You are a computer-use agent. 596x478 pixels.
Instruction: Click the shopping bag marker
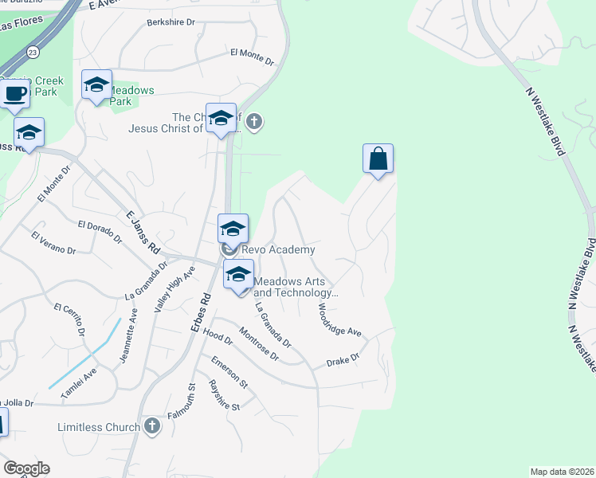point(378,159)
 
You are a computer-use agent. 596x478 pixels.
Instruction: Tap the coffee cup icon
point(15,94)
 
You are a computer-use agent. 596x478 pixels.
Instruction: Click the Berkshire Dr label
point(171,23)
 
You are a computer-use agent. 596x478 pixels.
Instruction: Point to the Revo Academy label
point(278,249)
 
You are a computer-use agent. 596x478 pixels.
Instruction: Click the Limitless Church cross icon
point(151,426)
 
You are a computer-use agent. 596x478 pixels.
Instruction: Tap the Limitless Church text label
point(99,427)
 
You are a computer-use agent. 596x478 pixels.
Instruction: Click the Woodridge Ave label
point(339,319)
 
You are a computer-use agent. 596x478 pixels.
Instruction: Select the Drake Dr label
point(343,361)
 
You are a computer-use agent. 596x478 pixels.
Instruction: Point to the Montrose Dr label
point(259,345)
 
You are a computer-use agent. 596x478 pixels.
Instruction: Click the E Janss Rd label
point(143,229)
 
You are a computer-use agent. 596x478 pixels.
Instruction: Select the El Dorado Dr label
point(100,232)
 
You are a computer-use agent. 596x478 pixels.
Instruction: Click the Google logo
point(26,468)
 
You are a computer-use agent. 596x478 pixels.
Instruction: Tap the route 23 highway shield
point(32,52)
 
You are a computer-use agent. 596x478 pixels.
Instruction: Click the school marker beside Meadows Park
point(96,85)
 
